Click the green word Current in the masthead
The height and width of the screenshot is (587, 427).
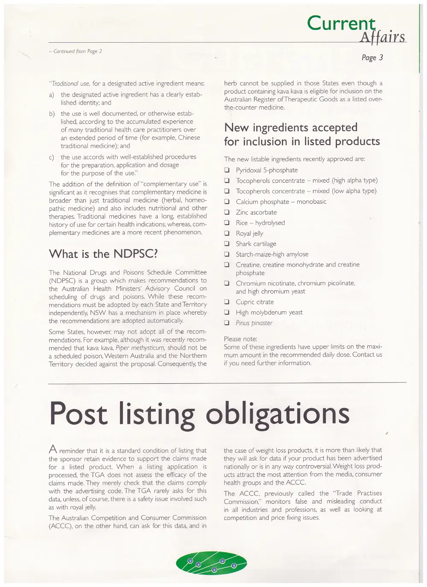tap(341, 23)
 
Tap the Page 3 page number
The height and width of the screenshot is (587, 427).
tap(372, 58)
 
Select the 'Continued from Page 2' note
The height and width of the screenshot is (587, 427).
tap(75, 52)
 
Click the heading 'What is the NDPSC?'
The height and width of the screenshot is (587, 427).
tap(103, 254)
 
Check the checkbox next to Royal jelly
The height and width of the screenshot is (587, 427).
tap(227, 234)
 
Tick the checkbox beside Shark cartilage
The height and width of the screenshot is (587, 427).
tap(227, 244)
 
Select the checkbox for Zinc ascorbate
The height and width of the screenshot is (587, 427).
tap(227, 213)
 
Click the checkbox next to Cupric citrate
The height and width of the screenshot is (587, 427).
tap(227, 302)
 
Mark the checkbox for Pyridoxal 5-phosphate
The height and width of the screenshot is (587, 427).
tap(227, 170)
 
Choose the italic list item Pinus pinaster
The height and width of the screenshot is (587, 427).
tap(254, 323)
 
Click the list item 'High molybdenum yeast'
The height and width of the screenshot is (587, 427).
tap(269, 312)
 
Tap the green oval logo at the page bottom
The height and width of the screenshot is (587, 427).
tap(211, 563)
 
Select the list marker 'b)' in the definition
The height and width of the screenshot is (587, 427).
tap(52, 114)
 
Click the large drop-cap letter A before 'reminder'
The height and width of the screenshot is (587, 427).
tap(53, 449)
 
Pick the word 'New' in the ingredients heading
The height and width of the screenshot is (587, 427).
tap(236, 128)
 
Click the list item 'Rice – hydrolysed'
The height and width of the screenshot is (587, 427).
tap(260, 223)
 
